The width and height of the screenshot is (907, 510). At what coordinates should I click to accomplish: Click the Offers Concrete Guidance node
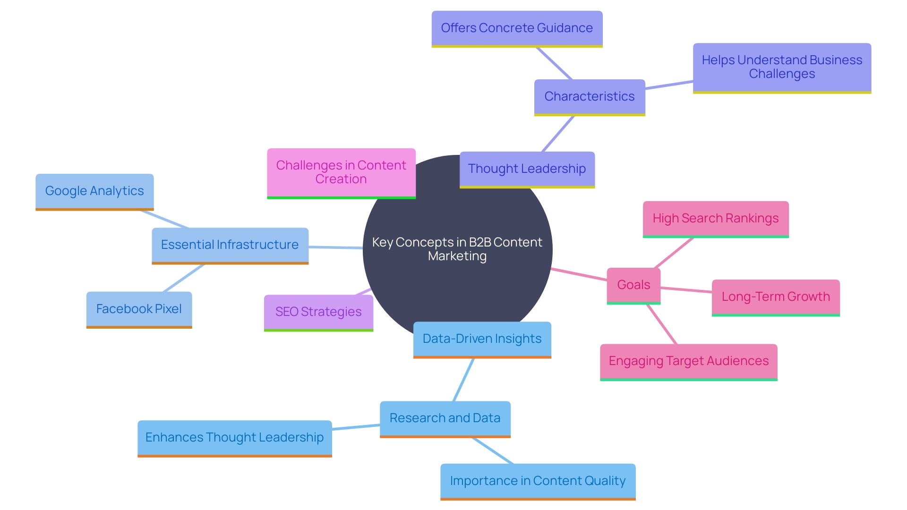tap(517, 28)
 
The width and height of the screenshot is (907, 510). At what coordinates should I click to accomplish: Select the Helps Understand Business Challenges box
tap(782, 67)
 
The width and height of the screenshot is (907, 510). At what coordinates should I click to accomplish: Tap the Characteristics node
tap(590, 96)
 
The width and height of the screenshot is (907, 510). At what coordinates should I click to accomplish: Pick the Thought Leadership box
tap(527, 169)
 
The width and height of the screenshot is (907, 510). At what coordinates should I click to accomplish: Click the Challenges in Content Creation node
tap(341, 172)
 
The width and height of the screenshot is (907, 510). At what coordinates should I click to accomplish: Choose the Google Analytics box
tap(94, 191)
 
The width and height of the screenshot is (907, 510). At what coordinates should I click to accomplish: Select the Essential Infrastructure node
tap(230, 245)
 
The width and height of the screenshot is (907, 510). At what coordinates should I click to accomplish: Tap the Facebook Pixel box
tap(139, 309)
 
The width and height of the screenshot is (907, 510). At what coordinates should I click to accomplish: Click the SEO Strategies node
tap(318, 312)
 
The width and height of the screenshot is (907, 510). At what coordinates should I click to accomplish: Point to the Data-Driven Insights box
tap(482, 339)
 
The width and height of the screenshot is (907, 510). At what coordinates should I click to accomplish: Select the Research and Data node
tap(445, 418)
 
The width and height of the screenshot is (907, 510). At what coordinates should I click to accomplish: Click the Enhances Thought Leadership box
tap(234, 437)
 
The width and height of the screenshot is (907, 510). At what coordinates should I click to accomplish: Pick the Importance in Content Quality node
tap(538, 481)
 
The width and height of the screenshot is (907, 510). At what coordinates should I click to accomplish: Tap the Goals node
tap(633, 285)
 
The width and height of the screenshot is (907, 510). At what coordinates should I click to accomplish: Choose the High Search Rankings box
tap(716, 218)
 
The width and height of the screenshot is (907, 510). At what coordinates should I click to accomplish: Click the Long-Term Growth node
tap(776, 297)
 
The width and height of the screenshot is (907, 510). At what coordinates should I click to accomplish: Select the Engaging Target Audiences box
tap(689, 361)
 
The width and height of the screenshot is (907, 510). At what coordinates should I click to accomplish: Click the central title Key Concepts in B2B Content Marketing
tap(457, 249)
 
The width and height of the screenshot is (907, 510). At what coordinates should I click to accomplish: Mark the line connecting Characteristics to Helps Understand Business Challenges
tap(669, 85)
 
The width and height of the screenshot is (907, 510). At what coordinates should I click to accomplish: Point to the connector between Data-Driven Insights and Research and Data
tap(463, 380)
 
